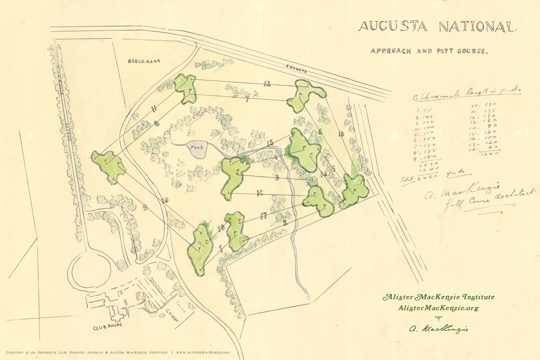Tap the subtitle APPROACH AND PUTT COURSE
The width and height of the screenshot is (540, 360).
click(x=428, y=51)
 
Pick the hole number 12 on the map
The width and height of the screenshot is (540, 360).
click(x=267, y=83)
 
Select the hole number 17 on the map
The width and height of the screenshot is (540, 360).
click(x=263, y=216)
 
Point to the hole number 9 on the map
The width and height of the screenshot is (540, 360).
click(x=145, y=207)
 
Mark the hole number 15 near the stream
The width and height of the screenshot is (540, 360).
click(x=270, y=144)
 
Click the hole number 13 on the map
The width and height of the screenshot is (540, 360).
click(x=341, y=133)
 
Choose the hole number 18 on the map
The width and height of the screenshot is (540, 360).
click(x=220, y=229)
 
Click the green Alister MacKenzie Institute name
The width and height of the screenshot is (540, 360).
click(x=438, y=297)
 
